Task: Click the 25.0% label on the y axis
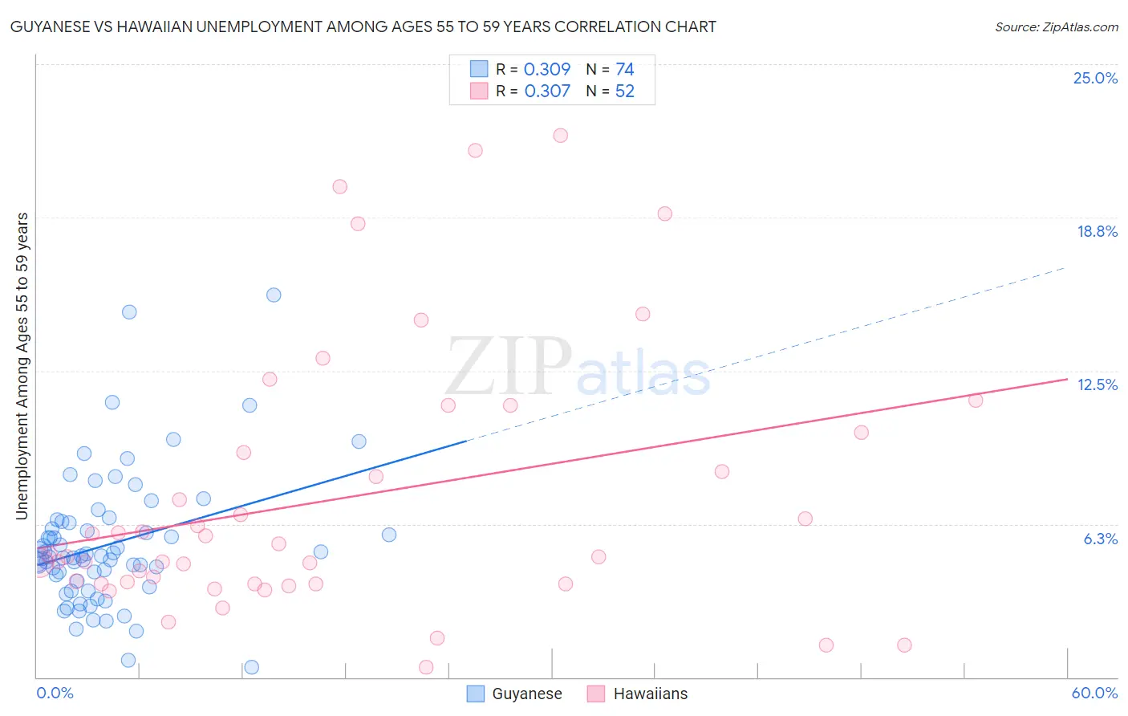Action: (x=1095, y=78)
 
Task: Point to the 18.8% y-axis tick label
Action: (x=1097, y=231)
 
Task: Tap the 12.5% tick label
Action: (x=1097, y=384)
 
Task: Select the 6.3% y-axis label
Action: (x=1100, y=539)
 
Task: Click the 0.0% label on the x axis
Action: (x=55, y=693)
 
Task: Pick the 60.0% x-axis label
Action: (x=1094, y=693)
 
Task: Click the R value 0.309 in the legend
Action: (x=547, y=70)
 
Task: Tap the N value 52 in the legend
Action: (x=624, y=92)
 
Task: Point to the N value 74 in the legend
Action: (x=624, y=70)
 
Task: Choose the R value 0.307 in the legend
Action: (x=547, y=92)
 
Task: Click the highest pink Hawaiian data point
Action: (x=561, y=136)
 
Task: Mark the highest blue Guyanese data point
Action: (x=274, y=295)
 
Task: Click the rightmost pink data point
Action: (x=976, y=401)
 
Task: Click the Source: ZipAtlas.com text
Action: (x=1056, y=26)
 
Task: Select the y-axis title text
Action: (x=22, y=366)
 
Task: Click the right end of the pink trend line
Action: (x=1067, y=378)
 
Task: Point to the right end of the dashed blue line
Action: (x=1065, y=267)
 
